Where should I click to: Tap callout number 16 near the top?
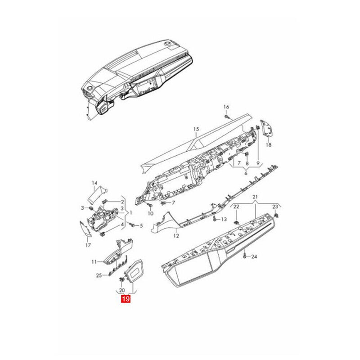click(x=226, y=107)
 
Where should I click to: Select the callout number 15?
click(x=196, y=129)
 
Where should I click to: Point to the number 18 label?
click(x=269, y=145)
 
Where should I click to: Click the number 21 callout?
click(x=255, y=198)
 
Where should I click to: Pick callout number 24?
click(x=254, y=257)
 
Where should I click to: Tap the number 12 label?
click(x=176, y=235)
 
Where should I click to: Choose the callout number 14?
click(x=94, y=183)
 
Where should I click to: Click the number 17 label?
click(x=88, y=245)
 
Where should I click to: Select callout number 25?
click(x=99, y=275)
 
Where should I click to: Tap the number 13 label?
click(x=224, y=219)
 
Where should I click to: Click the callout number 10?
click(x=150, y=213)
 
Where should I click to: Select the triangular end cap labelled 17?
click(x=85, y=229)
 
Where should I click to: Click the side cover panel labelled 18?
click(x=268, y=129)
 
